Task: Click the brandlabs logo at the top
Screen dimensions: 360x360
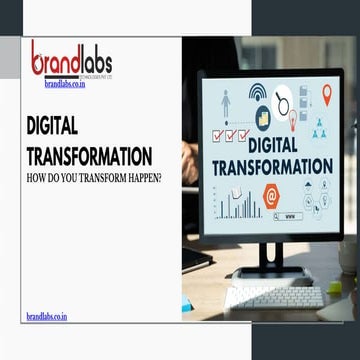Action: tap(71, 60)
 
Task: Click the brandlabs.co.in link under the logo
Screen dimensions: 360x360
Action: tap(65, 85)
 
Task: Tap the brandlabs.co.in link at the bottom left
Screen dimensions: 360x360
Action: tap(46, 316)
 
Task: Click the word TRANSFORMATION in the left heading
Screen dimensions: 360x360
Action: tap(89, 157)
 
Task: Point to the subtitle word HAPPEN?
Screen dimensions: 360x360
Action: tap(141, 180)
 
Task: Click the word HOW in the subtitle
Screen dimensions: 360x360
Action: tap(36, 180)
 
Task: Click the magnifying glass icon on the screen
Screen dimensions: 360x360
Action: tap(283, 103)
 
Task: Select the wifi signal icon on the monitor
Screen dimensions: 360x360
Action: tap(257, 93)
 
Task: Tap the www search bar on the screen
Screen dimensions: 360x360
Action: tap(290, 215)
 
